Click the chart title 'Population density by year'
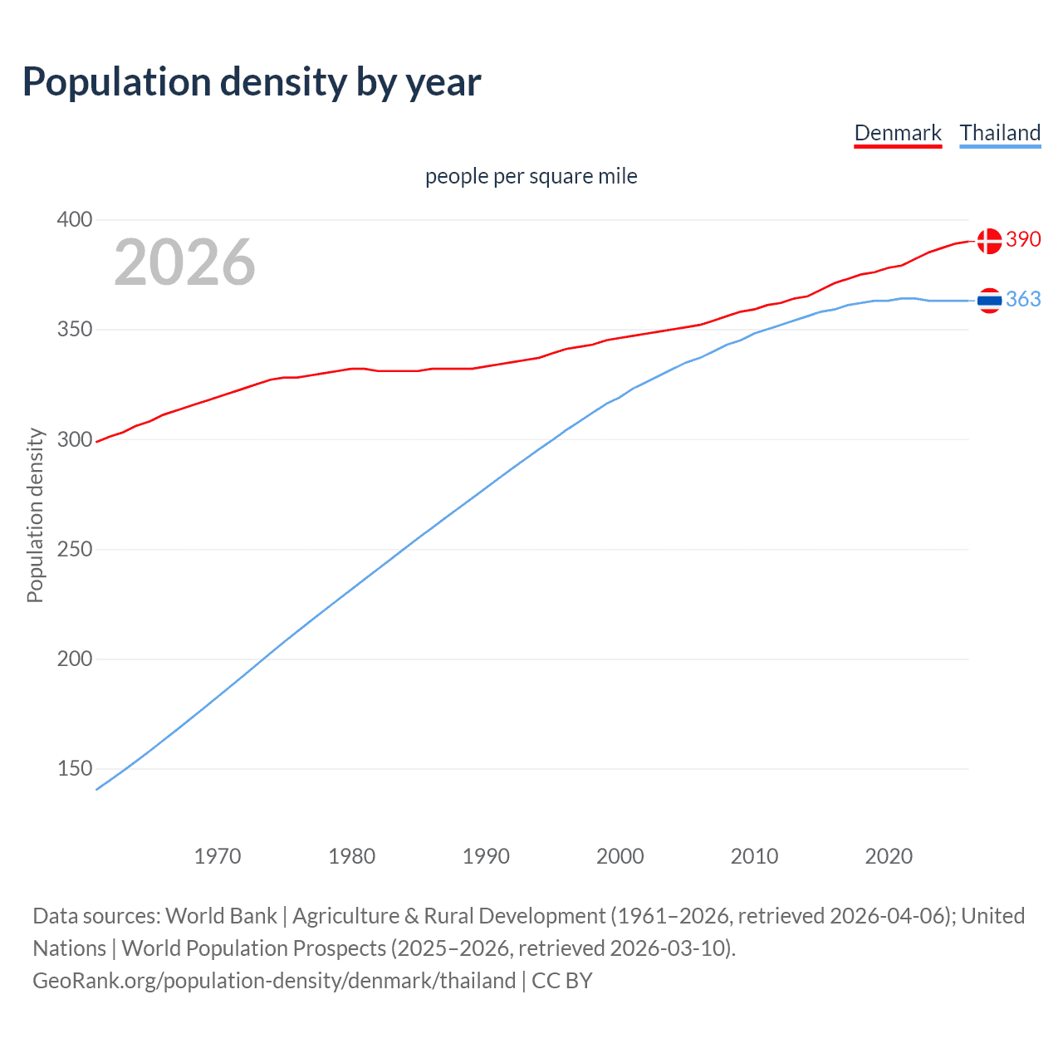pos(252,81)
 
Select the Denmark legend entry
pos(898,133)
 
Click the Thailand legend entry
pos(1000,133)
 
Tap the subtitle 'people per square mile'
pos(531,176)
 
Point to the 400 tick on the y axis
pos(75,220)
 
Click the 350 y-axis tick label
pos(75,330)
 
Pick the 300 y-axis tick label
pos(75,439)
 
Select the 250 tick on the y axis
pos(75,549)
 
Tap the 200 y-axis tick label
pos(75,659)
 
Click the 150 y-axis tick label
pos(75,769)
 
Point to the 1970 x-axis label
pos(218,856)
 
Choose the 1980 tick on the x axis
pos(352,856)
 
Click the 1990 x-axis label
pos(486,856)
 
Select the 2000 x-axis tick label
pos(620,856)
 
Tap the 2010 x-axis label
pos(754,856)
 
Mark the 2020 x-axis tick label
pos(889,856)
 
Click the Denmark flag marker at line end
pos(989,241)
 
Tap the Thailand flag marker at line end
pos(989,301)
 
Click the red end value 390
pos(1023,239)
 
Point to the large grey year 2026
pos(184,262)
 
